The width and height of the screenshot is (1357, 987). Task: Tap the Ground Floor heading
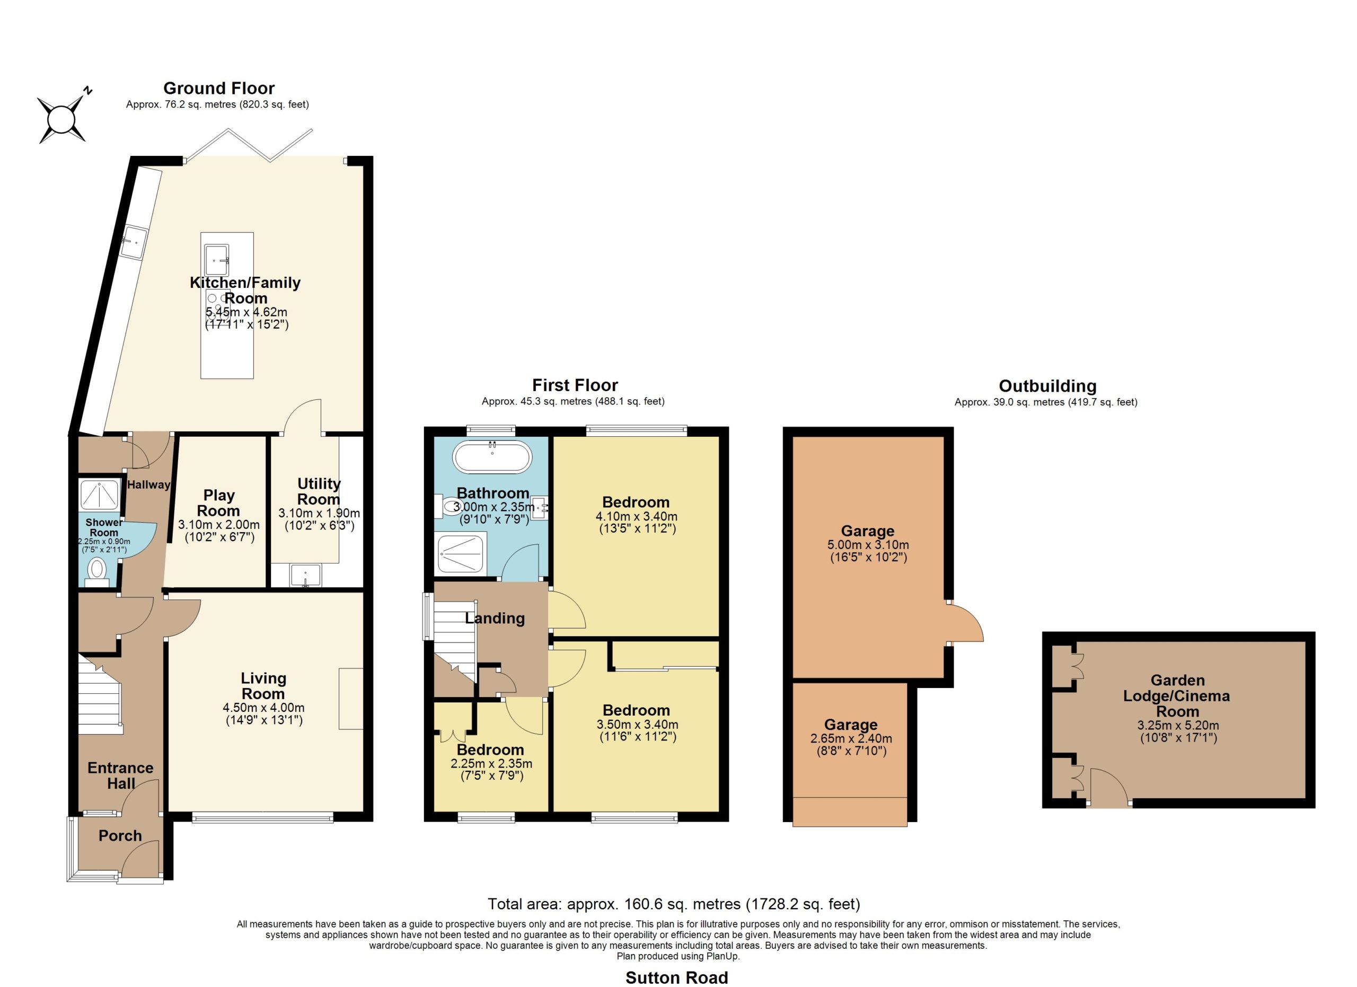[x=219, y=89]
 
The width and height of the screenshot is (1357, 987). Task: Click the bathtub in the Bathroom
[x=492, y=456]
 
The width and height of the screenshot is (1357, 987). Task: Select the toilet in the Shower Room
[x=96, y=571]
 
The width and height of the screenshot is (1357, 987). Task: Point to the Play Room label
[x=218, y=503]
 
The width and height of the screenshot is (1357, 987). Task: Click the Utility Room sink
[x=306, y=576]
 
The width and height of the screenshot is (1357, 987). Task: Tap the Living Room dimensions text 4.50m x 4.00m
[x=263, y=707]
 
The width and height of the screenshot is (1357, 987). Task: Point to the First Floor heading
[x=575, y=385]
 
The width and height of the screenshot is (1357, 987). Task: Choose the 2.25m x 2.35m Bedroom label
[x=491, y=750]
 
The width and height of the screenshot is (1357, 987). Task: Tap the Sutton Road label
[x=677, y=977]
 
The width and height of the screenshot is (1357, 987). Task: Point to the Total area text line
[x=674, y=904]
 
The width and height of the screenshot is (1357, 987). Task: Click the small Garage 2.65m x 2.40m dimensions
[x=851, y=739]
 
